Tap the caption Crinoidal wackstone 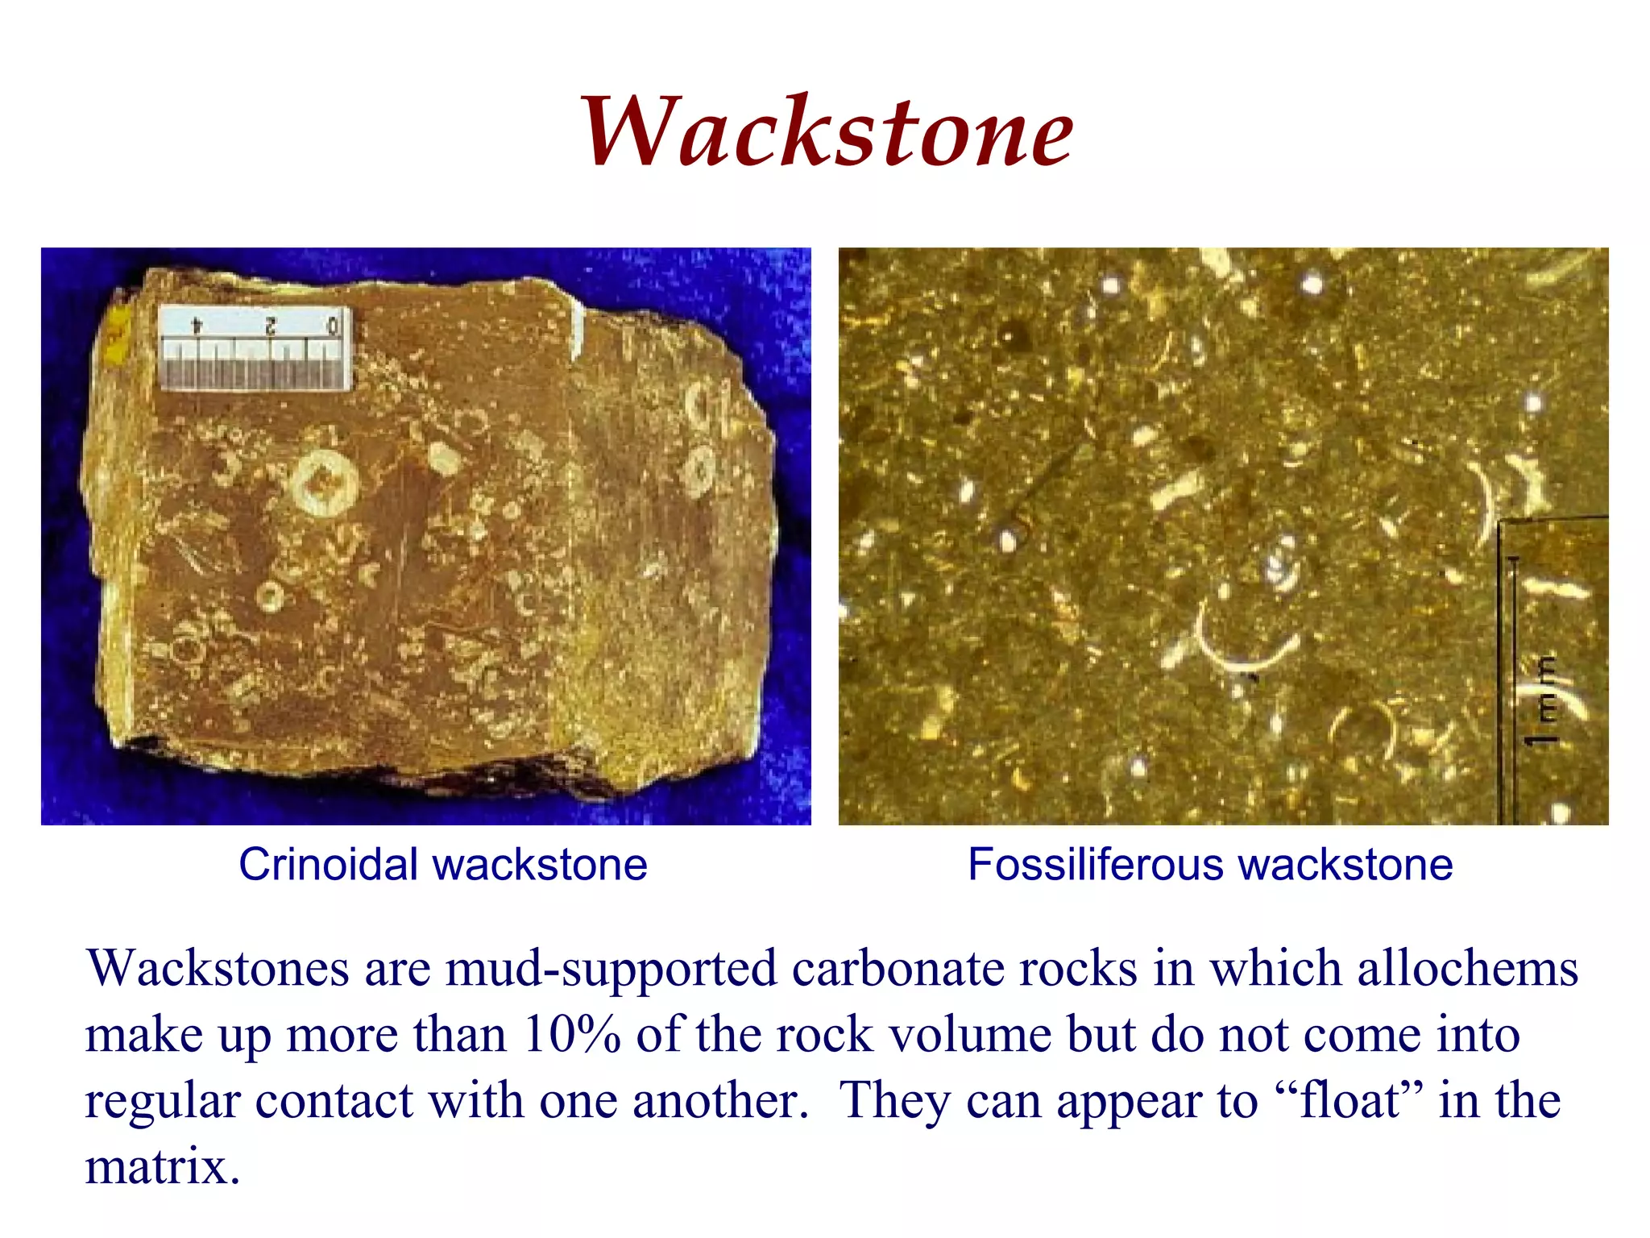(442, 865)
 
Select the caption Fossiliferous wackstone (1210, 865)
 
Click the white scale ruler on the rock (255, 348)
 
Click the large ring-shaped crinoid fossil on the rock (325, 483)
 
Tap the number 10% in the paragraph (571, 1034)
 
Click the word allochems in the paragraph (1467, 968)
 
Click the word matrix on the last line (162, 1166)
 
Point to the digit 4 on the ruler (196, 325)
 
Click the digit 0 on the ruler (333, 326)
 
